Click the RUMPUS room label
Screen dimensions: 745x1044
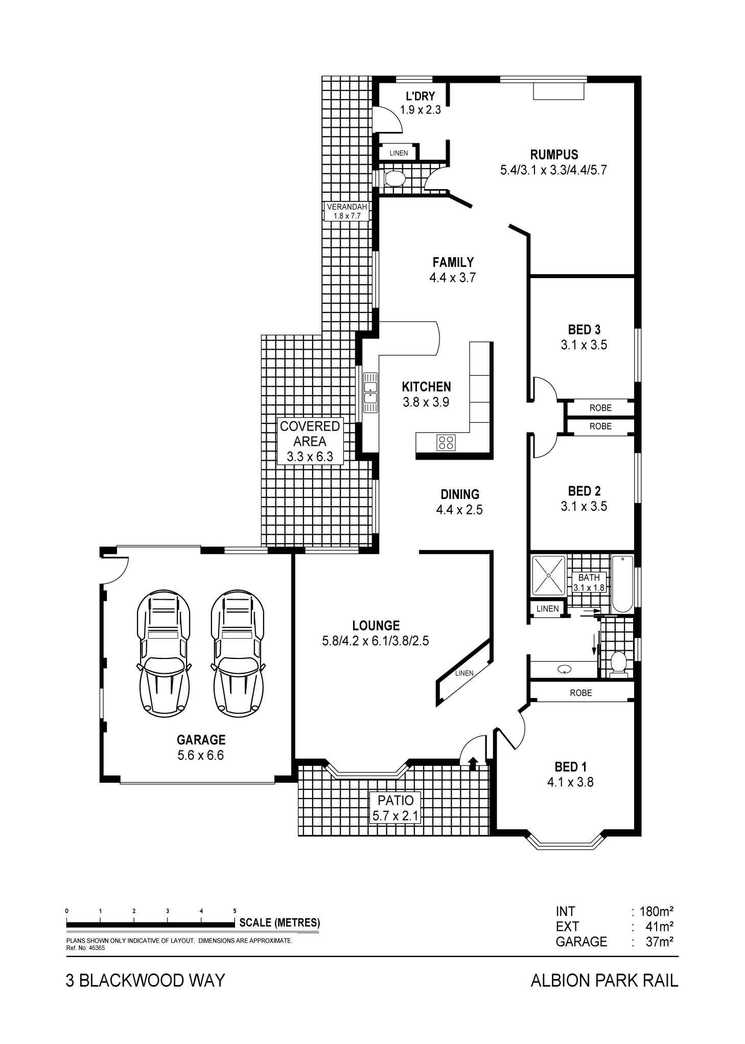[x=554, y=154]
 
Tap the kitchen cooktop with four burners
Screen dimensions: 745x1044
[x=446, y=442]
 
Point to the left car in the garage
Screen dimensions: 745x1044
[x=164, y=654]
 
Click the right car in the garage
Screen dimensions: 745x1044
[x=238, y=654]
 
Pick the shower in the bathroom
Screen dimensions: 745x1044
[x=548, y=575]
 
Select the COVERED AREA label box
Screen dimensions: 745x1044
[x=310, y=441]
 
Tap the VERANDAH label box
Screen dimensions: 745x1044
[x=346, y=211]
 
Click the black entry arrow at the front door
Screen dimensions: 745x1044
[x=473, y=763]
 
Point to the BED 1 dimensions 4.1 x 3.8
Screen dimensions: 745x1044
[x=570, y=782]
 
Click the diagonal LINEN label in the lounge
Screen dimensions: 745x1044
[x=464, y=673]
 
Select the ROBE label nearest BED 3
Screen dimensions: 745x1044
[x=600, y=408]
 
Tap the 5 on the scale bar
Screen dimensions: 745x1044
[x=235, y=911]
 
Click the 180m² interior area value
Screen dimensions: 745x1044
[x=655, y=911]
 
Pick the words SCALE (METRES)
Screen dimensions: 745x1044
[x=280, y=923]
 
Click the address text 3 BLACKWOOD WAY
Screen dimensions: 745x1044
[x=145, y=980]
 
